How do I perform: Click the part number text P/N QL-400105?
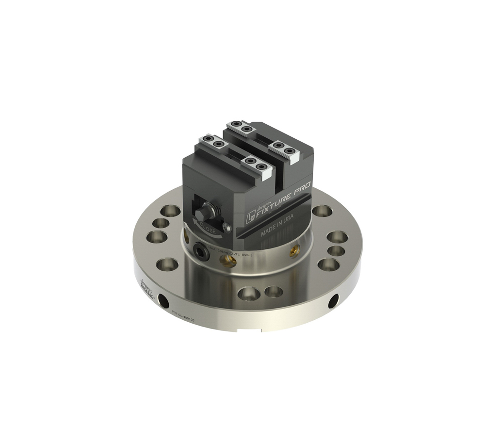click(183, 318)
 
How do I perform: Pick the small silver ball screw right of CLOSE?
click(226, 226)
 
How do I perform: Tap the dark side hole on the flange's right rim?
click(334, 301)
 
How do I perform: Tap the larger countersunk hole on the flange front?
click(248, 293)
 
